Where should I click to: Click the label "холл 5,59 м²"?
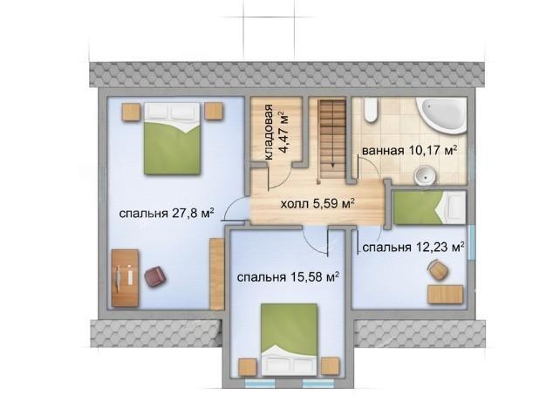pyautogui.click(x=317, y=203)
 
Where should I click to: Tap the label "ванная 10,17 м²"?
pyautogui.click(x=410, y=151)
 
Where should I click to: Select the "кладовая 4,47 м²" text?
pyautogui.click(x=276, y=133)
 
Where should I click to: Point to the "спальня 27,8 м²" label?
pyautogui.click(x=167, y=214)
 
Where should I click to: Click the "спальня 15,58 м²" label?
pyautogui.click(x=288, y=277)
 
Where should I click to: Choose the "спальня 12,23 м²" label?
pyautogui.click(x=413, y=248)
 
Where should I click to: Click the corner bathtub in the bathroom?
pyautogui.click(x=442, y=115)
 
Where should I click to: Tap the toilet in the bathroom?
pyautogui.click(x=371, y=110)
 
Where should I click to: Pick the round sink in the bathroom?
pyautogui.click(x=425, y=175)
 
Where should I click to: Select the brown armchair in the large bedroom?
pyautogui.click(x=155, y=276)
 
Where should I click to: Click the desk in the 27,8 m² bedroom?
pyautogui.click(x=125, y=278)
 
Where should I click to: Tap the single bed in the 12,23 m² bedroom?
pyautogui.click(x=429, y=207)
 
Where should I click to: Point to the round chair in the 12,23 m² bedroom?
pyautogui.click(x=438, y=270)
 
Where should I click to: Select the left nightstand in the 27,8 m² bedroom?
pyautogui.click(x=131, y=112)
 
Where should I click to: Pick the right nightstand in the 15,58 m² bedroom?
pyautogui.click(x=330, y=366)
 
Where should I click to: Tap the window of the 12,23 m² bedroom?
pyautogui.click(x=471, y=242)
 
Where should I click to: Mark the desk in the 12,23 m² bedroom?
pyautogui.click(x=445, y=295)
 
